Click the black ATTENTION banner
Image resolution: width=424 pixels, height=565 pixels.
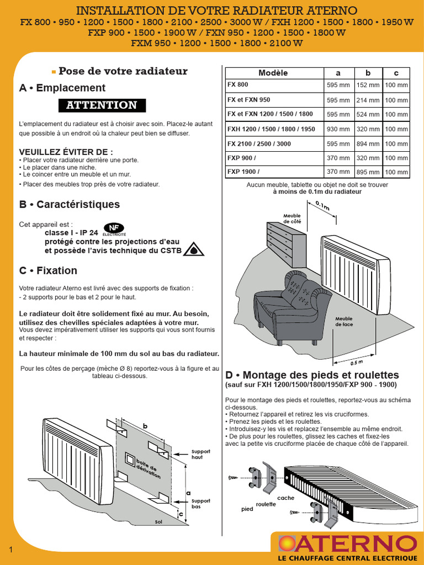pyautogui.click(x=102, y=105)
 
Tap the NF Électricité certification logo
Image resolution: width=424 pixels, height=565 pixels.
pyautogui.click(x=114, y=229)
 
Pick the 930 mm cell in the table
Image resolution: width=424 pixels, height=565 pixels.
pyautogui.click(x=338, y=129)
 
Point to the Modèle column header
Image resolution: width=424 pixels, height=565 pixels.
pyautogui.click(x=273, y=73)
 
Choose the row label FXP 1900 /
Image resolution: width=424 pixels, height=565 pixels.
pyautogui.click(x=243, y=172)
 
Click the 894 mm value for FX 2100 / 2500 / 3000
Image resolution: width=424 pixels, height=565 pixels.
pyautogui.click(x=368, y=144)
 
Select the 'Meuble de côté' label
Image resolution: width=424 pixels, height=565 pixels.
pyautogui.click(x=292, y=218)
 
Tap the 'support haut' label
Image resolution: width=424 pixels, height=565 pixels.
pyautogui.click(x=200, y=455)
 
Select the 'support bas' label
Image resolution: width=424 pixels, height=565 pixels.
pyautogui.click(x=200, y=504)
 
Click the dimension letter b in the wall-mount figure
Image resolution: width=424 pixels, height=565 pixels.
pyautogui.click(x=145, y=427)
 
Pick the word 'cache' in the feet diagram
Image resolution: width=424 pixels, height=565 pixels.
pyautogui.click(x=285, y=498)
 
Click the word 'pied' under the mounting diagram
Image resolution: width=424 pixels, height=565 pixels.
pyautogui.click(x=247, y=509)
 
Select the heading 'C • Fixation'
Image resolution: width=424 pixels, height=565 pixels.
pyautogui.click(x=49, y=270)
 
